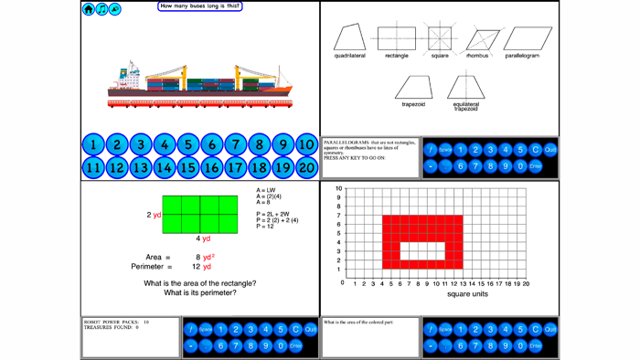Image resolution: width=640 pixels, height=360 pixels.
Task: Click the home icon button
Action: [x=89, y=9]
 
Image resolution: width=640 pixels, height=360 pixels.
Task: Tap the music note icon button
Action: [x=101, y=9]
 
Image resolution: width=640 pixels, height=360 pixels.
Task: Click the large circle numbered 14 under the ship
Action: [x=165, y=167]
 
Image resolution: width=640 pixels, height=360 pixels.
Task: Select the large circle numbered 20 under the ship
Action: [x=306, y=167]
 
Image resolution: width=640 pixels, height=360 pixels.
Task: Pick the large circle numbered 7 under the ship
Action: [x=235, y=144]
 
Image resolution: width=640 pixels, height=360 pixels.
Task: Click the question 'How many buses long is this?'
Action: [x=199, y=6]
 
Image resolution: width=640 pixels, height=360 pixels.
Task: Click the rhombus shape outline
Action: [x=479, y=39]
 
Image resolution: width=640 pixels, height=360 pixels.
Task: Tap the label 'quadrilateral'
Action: [x=349, y=56]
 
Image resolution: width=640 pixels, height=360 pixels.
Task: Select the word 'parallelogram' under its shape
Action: [x=522, y=56]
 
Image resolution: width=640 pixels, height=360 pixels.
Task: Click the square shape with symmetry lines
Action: [x=440, y=37]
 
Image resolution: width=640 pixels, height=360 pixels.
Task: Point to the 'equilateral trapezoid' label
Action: [x=465, y=107]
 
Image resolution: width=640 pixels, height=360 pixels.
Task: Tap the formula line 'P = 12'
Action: [x=265, y=227]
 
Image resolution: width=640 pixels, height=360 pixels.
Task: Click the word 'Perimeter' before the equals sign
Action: [x=151, y=267]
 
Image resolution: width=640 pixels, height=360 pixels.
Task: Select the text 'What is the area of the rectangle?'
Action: [x=199, y=283]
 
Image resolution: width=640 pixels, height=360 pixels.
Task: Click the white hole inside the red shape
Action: [x=422, y=251]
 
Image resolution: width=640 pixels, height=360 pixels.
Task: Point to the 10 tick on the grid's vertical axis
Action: [x=338, y=189]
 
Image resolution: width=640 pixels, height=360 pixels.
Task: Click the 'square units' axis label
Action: [x=467, y=294]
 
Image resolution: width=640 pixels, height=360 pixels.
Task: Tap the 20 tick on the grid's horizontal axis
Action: [x=526, y=284]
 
